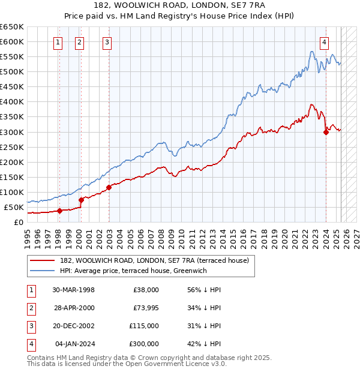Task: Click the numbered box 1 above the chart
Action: click(x=58, y=42)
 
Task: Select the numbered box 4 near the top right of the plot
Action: click(x=324, y=42)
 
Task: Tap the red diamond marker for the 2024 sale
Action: click(x=326, y=133)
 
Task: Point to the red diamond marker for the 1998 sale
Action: click(x=60, y=211)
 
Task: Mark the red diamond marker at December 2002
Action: click(x=109, y=187)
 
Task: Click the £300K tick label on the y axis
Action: click(x=11, y=132)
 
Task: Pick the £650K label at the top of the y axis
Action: click(x=11, y=27)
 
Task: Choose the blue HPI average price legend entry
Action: click(x=133, y=271)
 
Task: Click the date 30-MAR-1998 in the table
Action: click(x=73, y=290)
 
